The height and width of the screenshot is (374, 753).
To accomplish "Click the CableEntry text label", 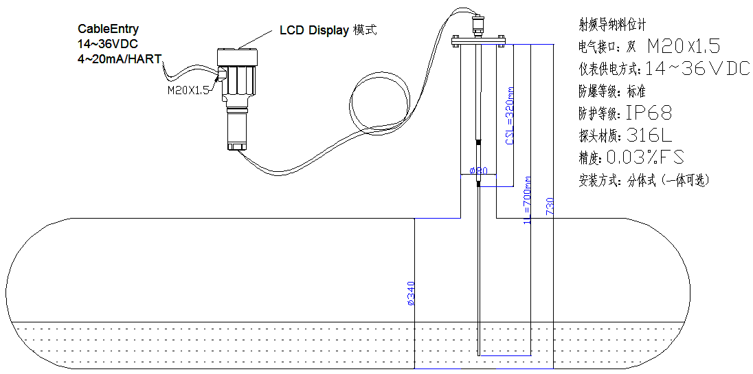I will click(x=108, y=29).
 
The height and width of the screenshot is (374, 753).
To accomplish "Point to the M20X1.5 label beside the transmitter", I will click(x=188, y=89).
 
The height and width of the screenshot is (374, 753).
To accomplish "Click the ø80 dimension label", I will click(x=477, y=170).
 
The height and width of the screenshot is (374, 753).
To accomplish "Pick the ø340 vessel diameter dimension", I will click(x=411, y=294).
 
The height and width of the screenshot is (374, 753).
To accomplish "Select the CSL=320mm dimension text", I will click(x=510, y=116).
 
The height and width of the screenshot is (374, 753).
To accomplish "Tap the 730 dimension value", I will click(x=550, y=206).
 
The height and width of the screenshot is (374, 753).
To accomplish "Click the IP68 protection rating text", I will click(x=649, y=113).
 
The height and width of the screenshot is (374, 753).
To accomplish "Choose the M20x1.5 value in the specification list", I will click(x=684, y=47).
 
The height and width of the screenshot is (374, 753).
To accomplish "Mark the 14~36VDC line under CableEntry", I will click(x=108, y=43).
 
